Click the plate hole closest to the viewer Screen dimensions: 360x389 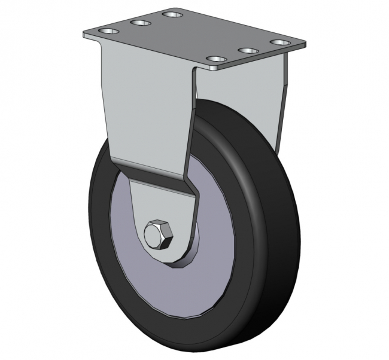(x=215, y=60)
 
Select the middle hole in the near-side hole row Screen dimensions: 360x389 (x=247, y=51)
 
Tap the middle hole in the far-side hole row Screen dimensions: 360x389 (x=141, y=23)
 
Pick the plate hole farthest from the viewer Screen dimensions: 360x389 (x=172, y=14)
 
